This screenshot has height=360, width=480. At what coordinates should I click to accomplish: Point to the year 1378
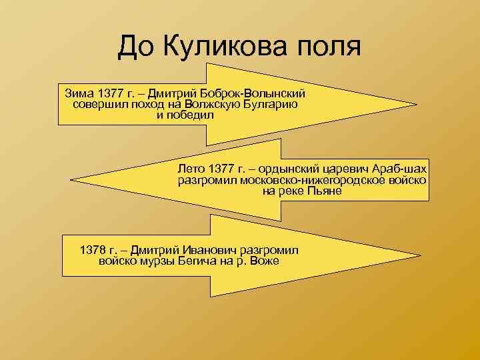coord(93,249)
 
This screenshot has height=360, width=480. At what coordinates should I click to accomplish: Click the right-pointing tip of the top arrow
coord(417,104)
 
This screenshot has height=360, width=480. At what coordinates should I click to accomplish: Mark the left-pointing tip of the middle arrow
coord(71,179)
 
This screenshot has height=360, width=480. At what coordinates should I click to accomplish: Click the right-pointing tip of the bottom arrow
coord(421,254)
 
